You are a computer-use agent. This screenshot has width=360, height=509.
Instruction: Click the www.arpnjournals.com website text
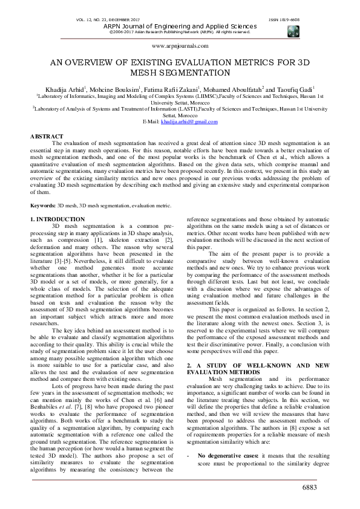180,45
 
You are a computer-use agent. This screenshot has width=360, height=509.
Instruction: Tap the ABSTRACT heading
47,137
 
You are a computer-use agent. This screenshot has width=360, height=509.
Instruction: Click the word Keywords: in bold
47,206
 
